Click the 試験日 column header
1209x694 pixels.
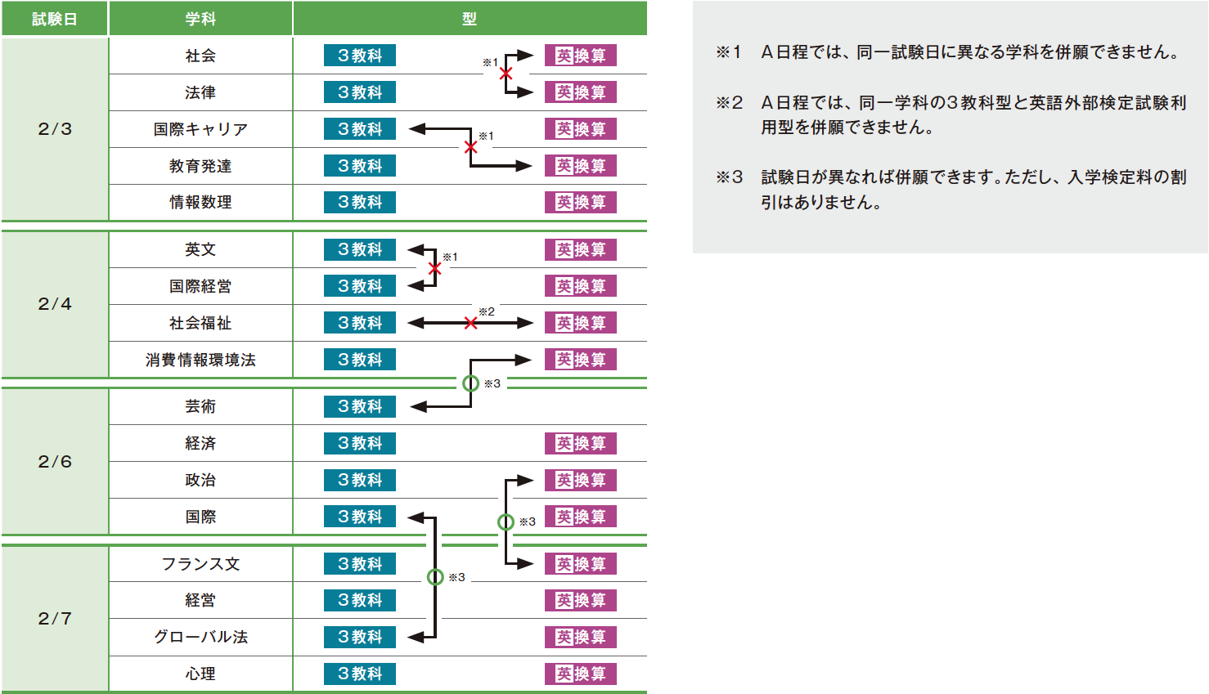tap(54, 19)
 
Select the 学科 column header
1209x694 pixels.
tap(200, 19)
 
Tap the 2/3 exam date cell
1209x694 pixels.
tap(55, 129)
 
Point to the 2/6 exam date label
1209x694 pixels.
tap(55, 462)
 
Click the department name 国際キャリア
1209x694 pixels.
tap(200, 129)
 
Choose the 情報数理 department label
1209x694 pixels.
tap(200, 202)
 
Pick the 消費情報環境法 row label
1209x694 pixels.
tap(200, 360)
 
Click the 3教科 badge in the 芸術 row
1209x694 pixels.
tap(360, 406)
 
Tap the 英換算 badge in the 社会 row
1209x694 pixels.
tap(581, 56)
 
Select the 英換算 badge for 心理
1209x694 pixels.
tap(581, 674)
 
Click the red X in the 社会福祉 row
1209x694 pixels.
tap(470, 323)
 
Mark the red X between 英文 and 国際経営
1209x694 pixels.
tap(434, 268)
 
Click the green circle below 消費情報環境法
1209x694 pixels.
tap(470, 383)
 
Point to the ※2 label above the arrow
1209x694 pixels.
tap(487, 311)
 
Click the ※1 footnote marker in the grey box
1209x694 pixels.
tap(728, 52)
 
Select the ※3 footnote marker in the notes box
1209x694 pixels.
tap(729, 177)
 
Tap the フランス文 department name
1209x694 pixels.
tap(200, 564)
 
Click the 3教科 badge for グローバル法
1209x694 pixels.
tap(360, 637)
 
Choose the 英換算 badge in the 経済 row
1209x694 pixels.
tap(581, 443)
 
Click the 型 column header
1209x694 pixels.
tap(470, 19)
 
